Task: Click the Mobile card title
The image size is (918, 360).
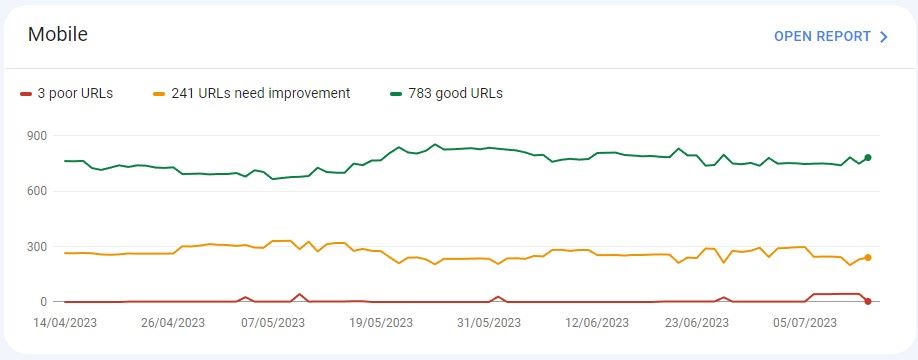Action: (x=57, y=35)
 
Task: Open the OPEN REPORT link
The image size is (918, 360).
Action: (x=822, y=36)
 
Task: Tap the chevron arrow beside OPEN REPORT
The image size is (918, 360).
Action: (x=884, y=37)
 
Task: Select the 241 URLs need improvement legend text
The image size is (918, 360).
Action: (x=260, y=94)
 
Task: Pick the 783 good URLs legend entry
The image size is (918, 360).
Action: (x=455, y=94)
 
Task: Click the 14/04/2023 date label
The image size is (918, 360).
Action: (x=66, y=323)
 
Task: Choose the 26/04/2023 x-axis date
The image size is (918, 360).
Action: (x=172, y=323)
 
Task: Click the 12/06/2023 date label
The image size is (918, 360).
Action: (x=597, y=323)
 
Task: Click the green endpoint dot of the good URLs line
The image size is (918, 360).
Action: (x=868, y=157)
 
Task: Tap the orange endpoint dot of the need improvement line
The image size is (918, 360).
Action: (x=868, y=258)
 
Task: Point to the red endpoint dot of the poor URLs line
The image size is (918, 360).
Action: (x=868, y=301)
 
